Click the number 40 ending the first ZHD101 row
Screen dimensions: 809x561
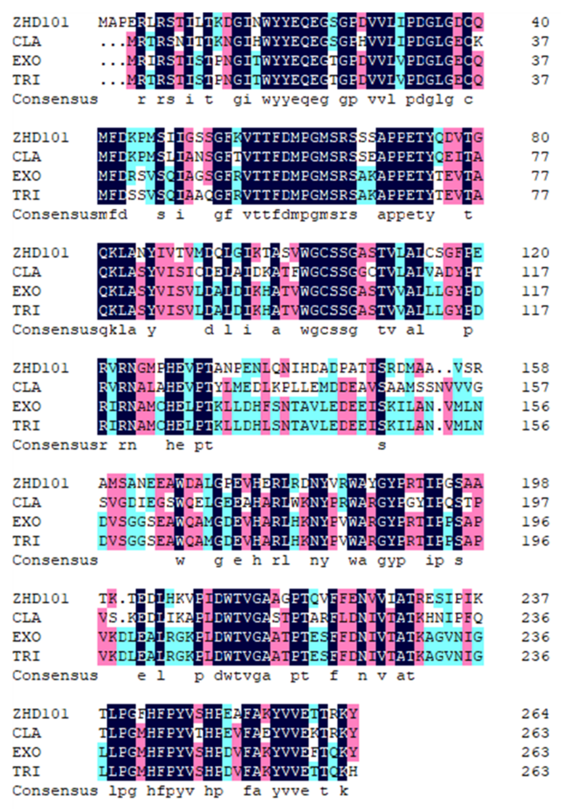(x=540, y=22)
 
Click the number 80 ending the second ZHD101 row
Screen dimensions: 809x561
(x=540, y=138)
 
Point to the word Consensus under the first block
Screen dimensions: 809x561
(x=55, y=99)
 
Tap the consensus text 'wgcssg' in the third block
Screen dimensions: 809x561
(x=329, y=330)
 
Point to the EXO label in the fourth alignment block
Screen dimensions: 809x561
(x=27, y=407)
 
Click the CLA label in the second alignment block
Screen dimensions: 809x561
(x=27, y=157)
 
